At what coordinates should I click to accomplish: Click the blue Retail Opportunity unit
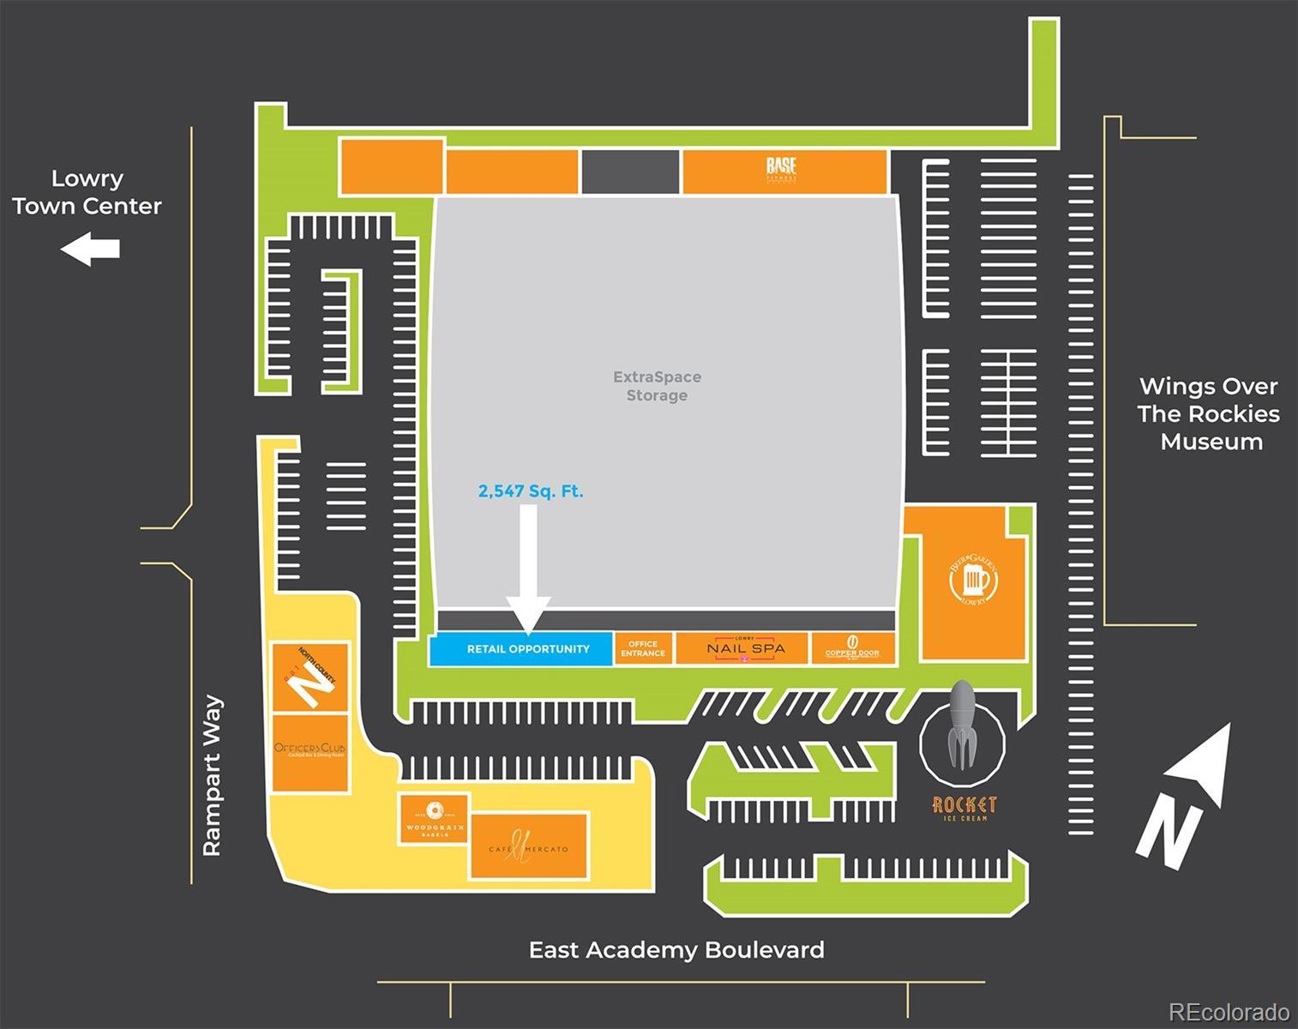(520, 649)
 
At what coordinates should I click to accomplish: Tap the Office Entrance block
(643, 649)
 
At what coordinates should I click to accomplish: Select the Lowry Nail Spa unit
(743, 649)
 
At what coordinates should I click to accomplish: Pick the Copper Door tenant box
(852, 648)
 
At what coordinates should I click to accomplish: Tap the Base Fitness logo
(781, 169)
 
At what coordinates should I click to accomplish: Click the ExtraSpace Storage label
(657, 386)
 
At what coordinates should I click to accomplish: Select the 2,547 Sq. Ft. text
(531, 491)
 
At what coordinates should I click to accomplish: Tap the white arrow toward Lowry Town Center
(90, 250)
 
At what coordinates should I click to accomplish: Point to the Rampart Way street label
(212, 775)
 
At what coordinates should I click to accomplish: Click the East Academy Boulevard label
(676, 950)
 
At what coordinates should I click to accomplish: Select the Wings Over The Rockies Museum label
(1209, 414)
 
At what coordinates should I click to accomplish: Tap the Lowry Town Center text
(87, 192)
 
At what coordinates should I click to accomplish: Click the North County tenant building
(310, 677)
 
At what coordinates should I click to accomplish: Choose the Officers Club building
(310, 752)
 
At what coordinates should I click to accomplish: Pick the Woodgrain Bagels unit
(435, 820)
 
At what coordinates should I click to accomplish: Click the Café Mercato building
(529, 846)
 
